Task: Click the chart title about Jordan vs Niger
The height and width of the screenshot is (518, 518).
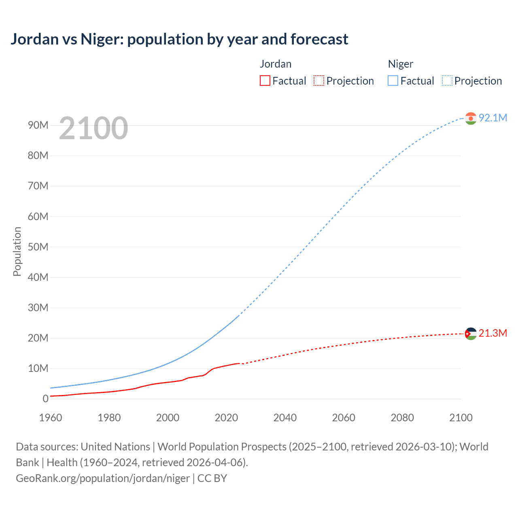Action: [x=179, y=39]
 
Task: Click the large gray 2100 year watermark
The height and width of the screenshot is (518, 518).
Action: [x=93, y=128]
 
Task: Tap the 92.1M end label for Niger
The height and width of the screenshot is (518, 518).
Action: [x=493, y=118]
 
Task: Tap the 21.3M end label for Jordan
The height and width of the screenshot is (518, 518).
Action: [x=493, y=333]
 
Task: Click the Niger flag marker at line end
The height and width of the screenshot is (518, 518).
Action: [x=471, y=118]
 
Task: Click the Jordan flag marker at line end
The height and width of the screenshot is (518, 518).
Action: [x=471, y=334]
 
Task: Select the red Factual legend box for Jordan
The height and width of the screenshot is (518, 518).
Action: [x=265, y=81]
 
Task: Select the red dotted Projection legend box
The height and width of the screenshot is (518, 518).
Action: [x=319, y=81]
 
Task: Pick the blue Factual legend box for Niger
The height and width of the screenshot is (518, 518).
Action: [x=393, y=81]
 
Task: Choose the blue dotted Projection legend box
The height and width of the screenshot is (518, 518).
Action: [x=447, y=81]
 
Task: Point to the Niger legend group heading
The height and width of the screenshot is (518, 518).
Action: [x=400, y=64]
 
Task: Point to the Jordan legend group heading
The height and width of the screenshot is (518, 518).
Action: [x=276, y=64]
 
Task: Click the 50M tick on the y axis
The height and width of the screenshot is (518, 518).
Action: [x=38, y=247]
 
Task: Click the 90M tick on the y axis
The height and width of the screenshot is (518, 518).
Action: [x=38, y=125]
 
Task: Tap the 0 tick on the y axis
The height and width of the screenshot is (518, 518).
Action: [x=45, y=399]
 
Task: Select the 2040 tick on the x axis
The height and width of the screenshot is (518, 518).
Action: [x=285, y=418]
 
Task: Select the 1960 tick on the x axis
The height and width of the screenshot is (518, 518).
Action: [x=51, y=418]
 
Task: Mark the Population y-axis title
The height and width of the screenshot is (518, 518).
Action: [x=17, y=251]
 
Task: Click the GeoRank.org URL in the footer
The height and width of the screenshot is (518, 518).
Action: [x=103, y=478]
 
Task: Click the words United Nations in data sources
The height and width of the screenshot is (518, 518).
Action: [x=115, y=447]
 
